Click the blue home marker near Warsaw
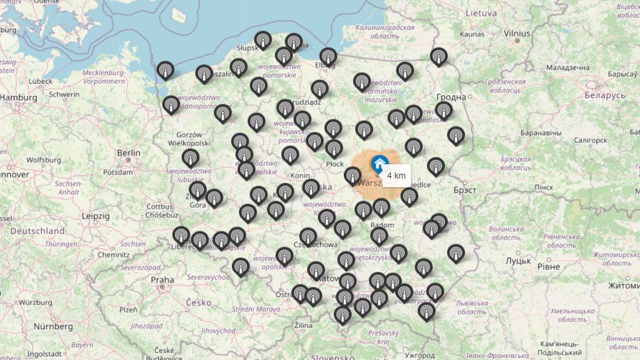coord(378,163)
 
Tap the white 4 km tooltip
coord(397,175)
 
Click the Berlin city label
coord(129,153)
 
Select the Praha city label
coord(162,280)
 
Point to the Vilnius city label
coord(517,33)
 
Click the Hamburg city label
coord(19,98)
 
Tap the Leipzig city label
coord(95,216)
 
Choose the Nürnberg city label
coord(53,326)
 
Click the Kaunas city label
coord(472,34)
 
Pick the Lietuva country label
coord(481,12)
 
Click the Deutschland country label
coord(38,231)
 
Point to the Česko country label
coord(198,302)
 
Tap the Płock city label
coord(335,164)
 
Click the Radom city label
coord(382,225)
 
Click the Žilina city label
coord(302,326)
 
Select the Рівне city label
coord(549,266)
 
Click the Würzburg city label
coord(36,302)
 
